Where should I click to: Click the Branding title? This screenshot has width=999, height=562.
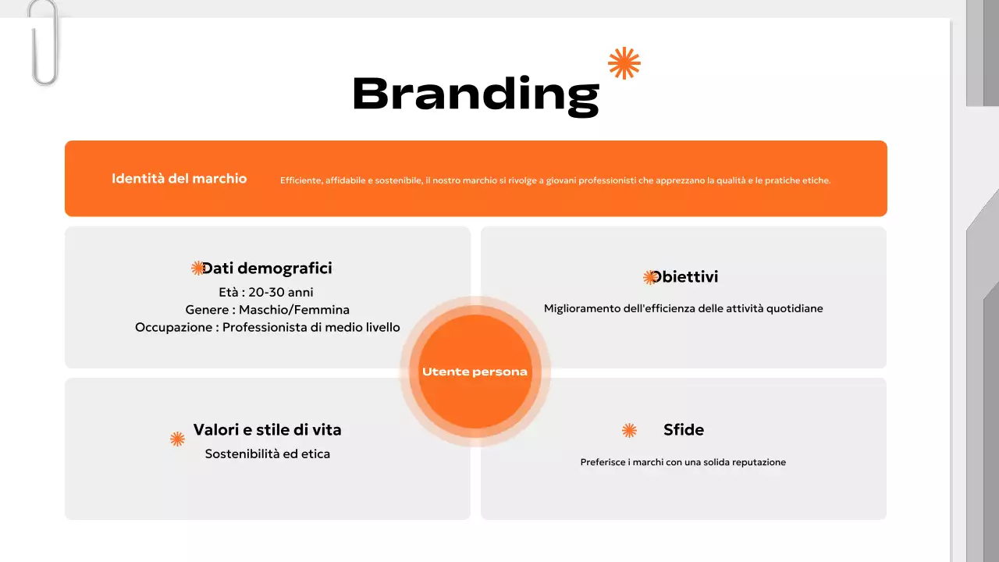click(475, 94)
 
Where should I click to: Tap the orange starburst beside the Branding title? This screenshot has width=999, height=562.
click(624, 63)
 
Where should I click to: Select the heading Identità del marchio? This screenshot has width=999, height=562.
click(179, 179)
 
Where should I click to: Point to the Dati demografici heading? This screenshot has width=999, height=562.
click(267, 269)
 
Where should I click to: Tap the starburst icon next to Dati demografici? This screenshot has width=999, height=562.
click(197, 269)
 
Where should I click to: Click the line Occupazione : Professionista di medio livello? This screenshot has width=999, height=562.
click(267, 327)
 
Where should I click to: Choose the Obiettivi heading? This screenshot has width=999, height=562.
click(685, 277)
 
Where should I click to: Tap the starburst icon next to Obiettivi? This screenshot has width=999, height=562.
click(649, 277)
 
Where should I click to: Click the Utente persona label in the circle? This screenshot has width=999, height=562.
click(475, 372)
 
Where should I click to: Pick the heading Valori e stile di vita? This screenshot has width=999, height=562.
click(267, 430)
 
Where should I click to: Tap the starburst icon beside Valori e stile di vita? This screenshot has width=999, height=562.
click(177, 439)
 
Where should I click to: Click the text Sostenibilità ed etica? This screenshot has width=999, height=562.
click(267, 454)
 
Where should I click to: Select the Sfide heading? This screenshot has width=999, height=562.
click(684, 430)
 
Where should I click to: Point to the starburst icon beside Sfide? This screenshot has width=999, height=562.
click(629, 430)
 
